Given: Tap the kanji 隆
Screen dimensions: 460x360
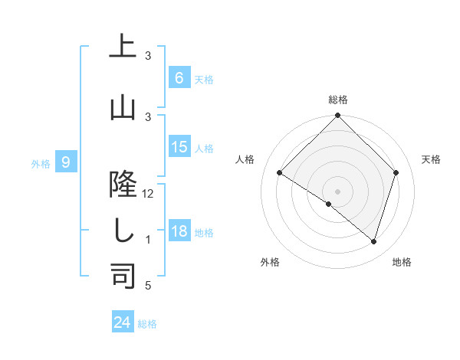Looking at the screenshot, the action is pyautogui.click(x=123, y=182).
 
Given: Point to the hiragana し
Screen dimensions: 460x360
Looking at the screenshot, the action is pyautogui.click(x=123, y=230).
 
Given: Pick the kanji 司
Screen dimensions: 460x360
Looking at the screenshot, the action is pyautogui.click(x=123, y=274).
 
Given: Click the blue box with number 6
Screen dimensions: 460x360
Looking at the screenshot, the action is pyautogui.click(x=179, y=78).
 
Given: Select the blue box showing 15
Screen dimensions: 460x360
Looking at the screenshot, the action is pyautogui.click(x=179, y=147).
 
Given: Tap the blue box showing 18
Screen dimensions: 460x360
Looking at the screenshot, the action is pyautogui.click(x=179, y=231).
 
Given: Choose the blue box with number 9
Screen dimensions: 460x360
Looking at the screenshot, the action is pyautogui.click(x=66, y=162).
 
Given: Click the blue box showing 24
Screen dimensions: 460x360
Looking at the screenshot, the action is pyautogui.click(x=123, y=322).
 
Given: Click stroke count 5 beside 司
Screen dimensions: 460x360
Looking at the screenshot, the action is pyautogui.click(x=148, y=286).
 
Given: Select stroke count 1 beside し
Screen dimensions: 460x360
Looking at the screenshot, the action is pyautogui.click(x=148, y=240).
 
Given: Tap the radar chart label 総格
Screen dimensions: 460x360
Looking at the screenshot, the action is pyautogui.click(x=337, y=100).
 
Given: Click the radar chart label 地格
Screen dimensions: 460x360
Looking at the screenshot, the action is pyautogui.click(x=402, y=262).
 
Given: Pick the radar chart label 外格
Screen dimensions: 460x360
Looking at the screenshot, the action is pyautogui.click(x=270, y=262).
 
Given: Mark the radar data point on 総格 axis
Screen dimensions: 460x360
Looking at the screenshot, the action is pyautogui.click(x=337, y=116).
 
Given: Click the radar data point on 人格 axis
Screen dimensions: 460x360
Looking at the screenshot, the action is pyautogui.click(x=280, y=173).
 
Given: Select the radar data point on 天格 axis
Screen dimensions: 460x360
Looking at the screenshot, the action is pyautogui.click(x=396, y=172).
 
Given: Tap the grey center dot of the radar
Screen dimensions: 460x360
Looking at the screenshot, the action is pyautogui.click(x=337, y=191).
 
